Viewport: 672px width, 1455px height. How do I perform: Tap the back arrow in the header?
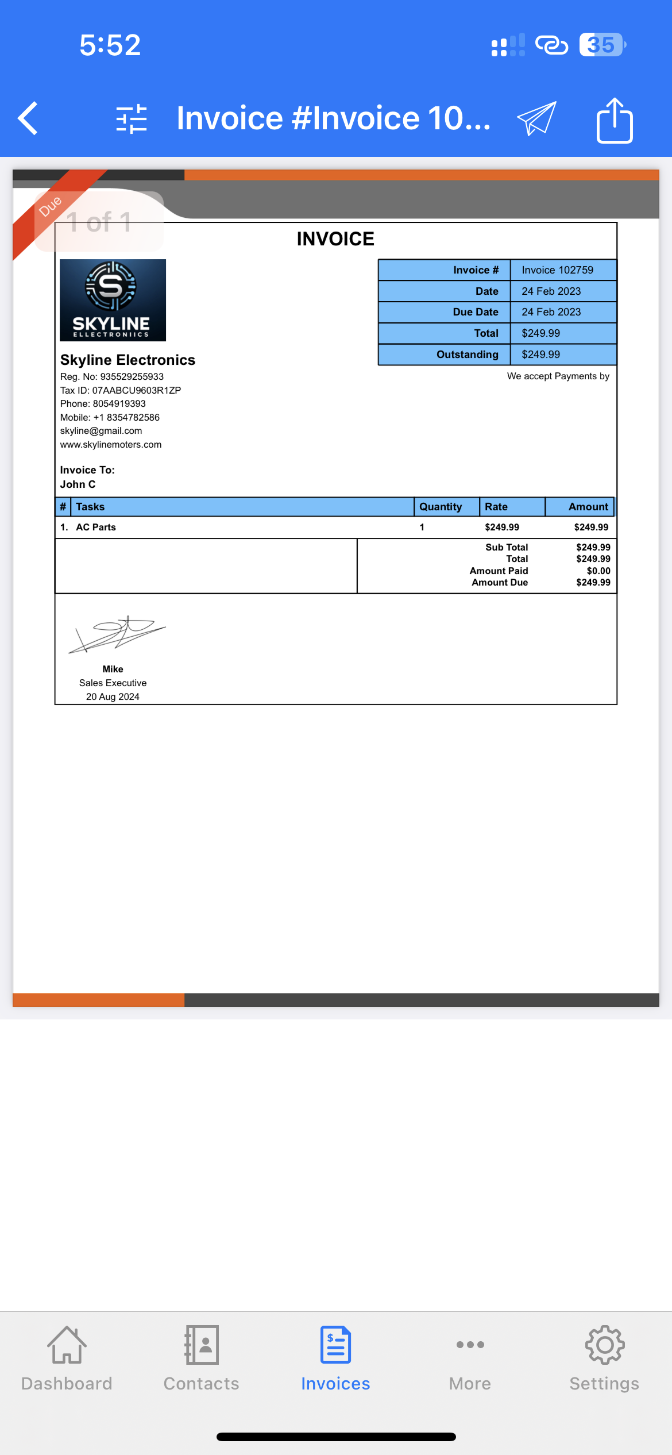pyautogui.click(x=28, y=118)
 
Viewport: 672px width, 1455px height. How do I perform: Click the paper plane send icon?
pyautogui.click(x=537, y=118)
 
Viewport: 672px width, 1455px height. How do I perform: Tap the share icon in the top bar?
pyautogui.click(x=615, y=120)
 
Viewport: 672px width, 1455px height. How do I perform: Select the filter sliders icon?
pyautogui.click(x=132, y=119)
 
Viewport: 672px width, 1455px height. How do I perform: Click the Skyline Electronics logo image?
pyautogui.click(x=113, y=300)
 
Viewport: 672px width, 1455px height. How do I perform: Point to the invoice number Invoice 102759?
pyautogui.click(x=557, y=270)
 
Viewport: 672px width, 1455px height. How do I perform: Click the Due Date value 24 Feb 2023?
pyautogui.click(x=551, y=312)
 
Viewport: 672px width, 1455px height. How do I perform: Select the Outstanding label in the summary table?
pyautogui.click(x=467, y=355)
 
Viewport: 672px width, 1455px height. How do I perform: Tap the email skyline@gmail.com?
pyautogui.click(x=101, y=431)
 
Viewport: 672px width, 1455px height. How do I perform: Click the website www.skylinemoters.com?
pyautogui.click(x=111, y=445)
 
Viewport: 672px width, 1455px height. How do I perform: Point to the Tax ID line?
pyautogui.click(x=121, y=390)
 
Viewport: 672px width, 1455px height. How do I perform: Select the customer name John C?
pyautogui.click(x=78, y=484)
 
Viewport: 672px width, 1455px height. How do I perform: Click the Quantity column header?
pyautogui.click(x=441, y=507)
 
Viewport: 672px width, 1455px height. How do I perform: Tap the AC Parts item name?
pyautogui.click(x=96, y=528)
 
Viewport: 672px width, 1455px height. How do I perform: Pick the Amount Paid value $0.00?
pyautogui.click(x=598, y=571)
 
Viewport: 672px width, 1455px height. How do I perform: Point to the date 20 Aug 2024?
pyautogui.click(x=113, y=696)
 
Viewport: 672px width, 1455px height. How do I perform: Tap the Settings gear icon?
pyautogui.click(x=604, y=1346)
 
